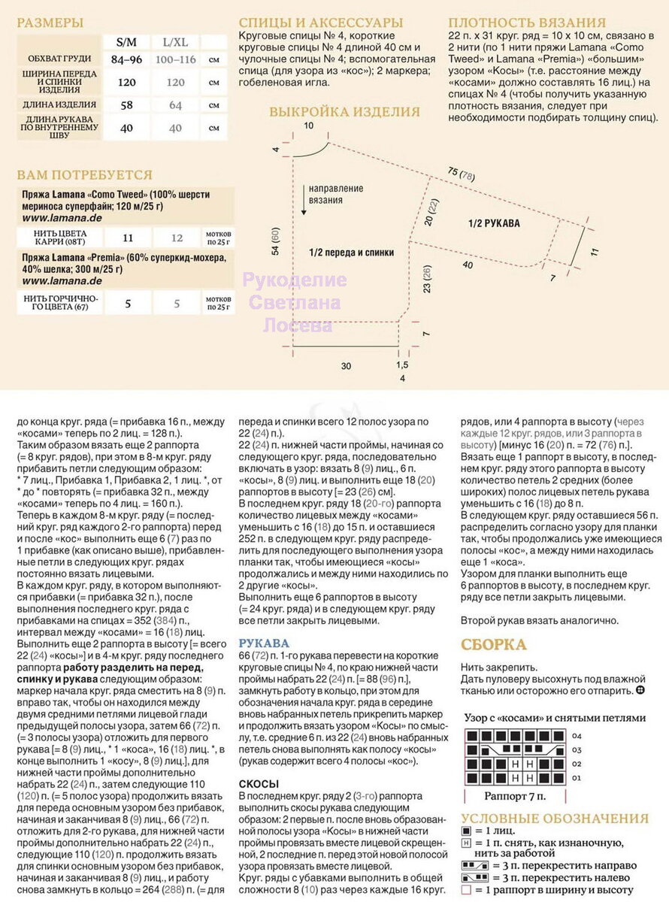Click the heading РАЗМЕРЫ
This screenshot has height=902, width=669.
tap(50, 23)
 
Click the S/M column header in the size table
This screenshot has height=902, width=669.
tap(127, 41)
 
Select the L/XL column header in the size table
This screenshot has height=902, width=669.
tap(175, 41)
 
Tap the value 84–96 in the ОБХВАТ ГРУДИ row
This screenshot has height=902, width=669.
tap(127, 59)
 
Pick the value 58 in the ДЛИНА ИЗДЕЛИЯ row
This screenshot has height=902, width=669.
tap(127, 105)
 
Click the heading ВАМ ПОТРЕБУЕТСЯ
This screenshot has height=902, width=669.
tap(84, 174)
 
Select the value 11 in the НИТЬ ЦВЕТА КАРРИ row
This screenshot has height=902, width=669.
tap(127, 238)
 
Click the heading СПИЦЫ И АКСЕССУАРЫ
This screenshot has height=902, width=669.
tap(320, 23)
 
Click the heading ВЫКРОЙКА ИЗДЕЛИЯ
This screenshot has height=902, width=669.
tap(344, 112)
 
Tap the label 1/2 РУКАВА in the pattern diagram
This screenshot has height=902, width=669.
tap(494, 223)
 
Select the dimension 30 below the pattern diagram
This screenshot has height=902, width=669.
tap(345, 366)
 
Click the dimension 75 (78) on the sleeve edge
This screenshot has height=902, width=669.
tap(460, 173)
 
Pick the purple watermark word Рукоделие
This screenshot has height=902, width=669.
tap(295, 280)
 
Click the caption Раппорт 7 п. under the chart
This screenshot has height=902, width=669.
tap(515, 795)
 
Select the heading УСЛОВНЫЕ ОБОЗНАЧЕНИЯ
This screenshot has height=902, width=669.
tap(554, 819)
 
